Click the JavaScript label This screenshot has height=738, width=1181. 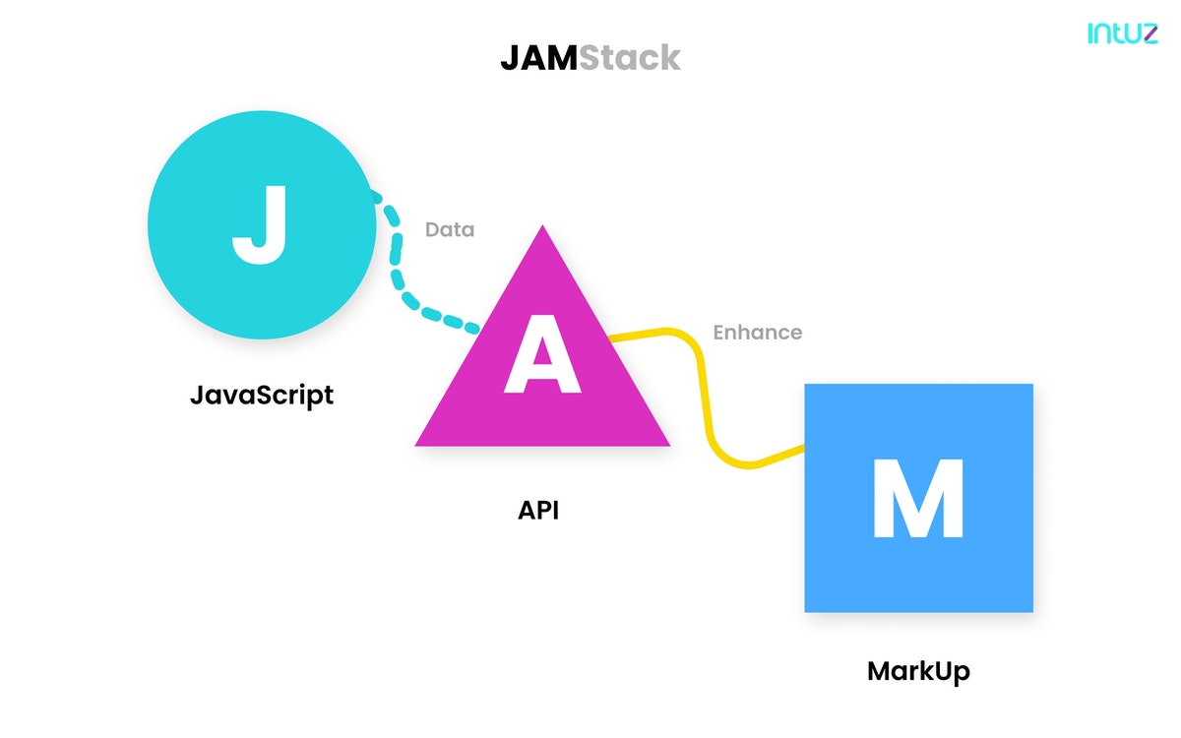262,396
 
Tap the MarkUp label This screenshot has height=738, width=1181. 918,671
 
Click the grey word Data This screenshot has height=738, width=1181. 450,229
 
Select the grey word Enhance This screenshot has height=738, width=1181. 757,332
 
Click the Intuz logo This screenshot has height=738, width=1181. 1122,32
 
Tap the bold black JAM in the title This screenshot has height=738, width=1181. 538,58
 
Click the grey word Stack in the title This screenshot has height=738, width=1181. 629,58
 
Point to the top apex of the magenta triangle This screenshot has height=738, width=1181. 542,228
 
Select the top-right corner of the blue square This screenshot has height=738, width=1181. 1030,386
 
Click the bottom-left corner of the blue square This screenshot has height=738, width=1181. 807,610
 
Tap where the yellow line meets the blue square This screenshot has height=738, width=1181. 804,449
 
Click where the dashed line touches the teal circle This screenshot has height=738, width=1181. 372,193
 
